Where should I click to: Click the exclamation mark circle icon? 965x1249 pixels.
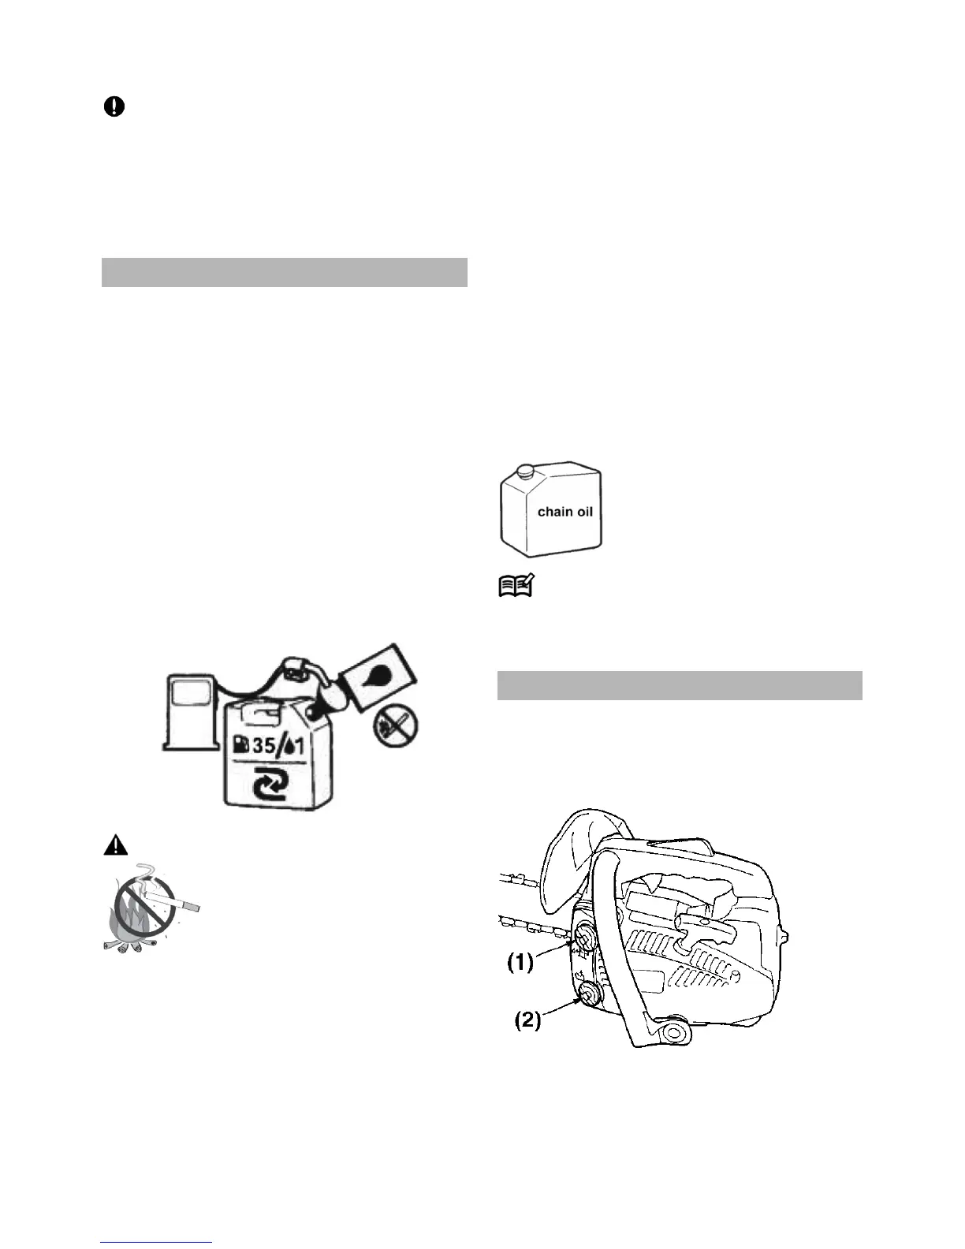114,107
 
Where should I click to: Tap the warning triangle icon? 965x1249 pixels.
115,846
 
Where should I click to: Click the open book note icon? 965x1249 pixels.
516,586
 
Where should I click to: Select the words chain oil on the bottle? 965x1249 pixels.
564,512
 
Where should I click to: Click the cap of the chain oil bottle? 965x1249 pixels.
523,471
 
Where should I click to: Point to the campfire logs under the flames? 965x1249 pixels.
130,943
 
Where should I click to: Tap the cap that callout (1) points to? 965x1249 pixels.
587,937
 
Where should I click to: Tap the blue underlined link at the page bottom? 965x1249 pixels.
157,1243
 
